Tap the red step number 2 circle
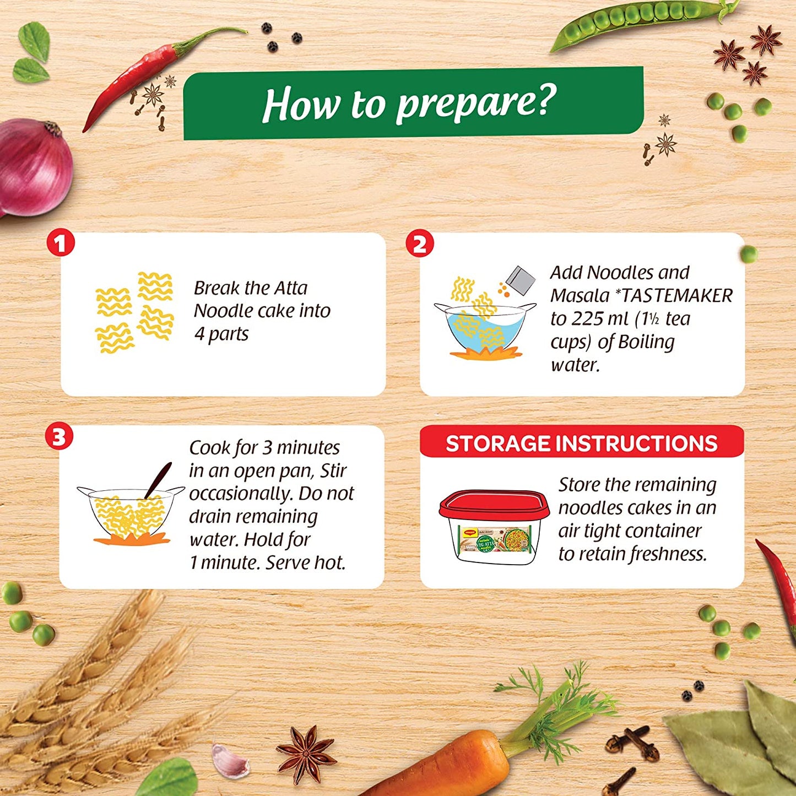pyautogui.click(x=420, y=243)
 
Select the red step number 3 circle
pyautogui.click(x=59, y=436)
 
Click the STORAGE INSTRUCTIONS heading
pyautogui.click(x=581, y=443)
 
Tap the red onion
pyautogui.click(x=35, y=167)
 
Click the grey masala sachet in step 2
pyautogui.click(x=520, y=280)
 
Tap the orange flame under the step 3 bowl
pyautogui.click(x=131, y=538)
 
